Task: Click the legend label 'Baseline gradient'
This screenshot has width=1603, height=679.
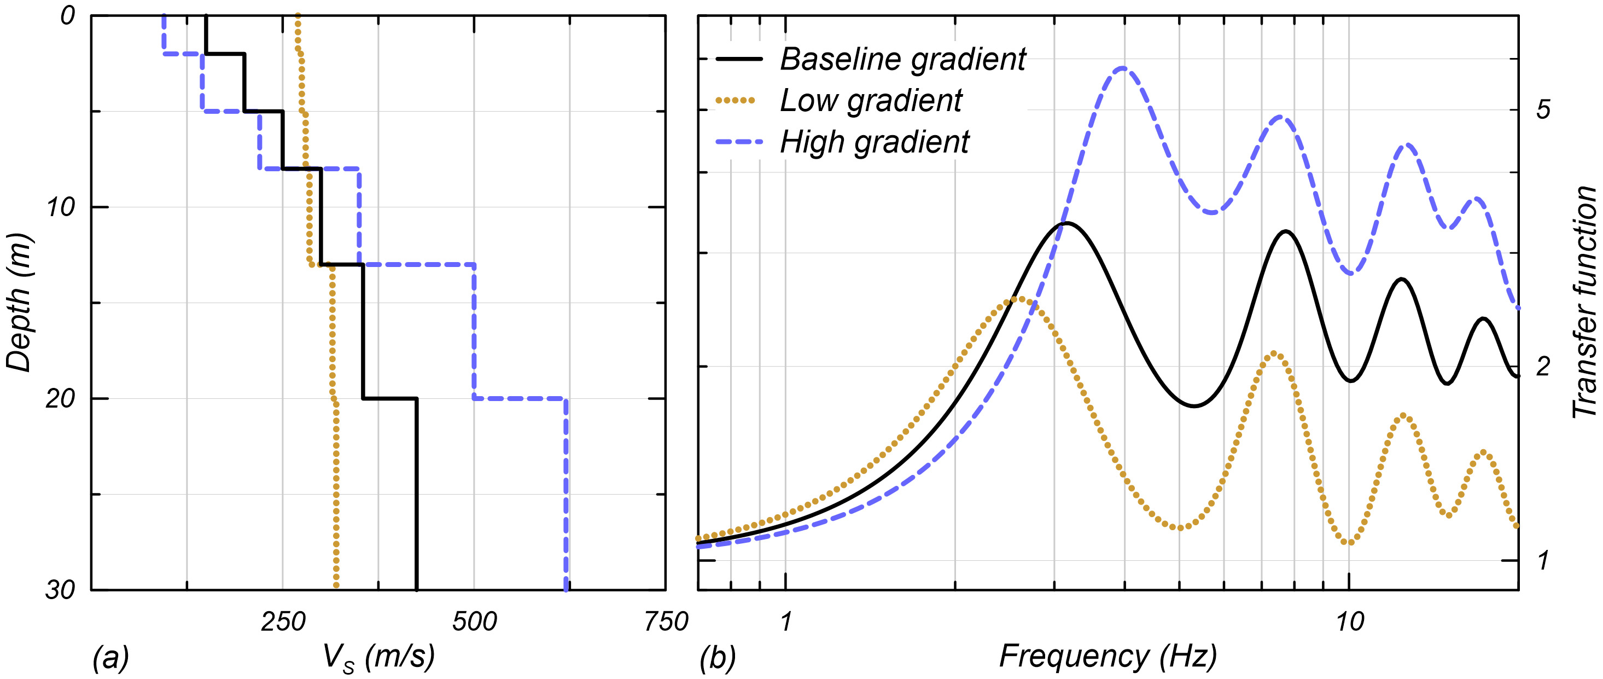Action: pyautogui.click(x=902, y=60)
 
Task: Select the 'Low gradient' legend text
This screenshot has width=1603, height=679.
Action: pyautogui.click(x=871, y=101)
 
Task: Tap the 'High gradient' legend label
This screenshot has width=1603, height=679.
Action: pyautogui.click(x=875, y=142)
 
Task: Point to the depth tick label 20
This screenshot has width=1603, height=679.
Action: pyautogui.click(x=60, y=398)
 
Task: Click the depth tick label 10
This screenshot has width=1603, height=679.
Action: pyautogui.click(x=60, y=207)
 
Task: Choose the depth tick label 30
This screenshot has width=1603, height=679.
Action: pyautogui.click(x=60, y=589)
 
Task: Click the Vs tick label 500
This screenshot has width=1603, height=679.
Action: pyautogui.click(x=474, y=622)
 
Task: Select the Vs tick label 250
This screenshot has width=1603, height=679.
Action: pyautogui.click(x=283, y=622)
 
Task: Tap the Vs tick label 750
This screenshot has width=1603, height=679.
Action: pyautogui.click(x=666, y=622)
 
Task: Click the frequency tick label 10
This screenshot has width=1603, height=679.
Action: pyautogui.click(x=1349, y=622)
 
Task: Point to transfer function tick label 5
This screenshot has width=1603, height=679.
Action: pyautogui.click(x=1543, y=110)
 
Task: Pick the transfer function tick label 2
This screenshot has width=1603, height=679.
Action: pyautogui.click(x=1543, y=367)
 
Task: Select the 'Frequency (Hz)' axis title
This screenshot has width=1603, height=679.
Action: pyautogui.click(x=1107, y=657)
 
